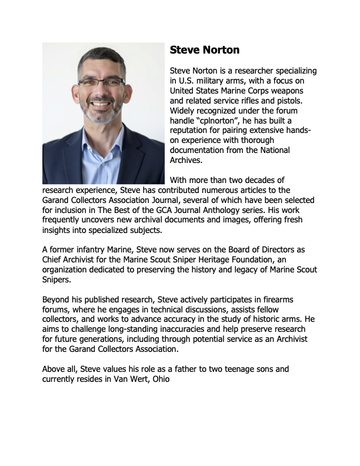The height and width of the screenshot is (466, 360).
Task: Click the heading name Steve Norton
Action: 204,49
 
